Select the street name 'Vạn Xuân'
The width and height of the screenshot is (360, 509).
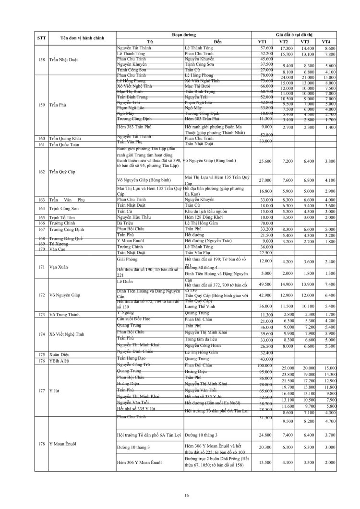pos(58,267)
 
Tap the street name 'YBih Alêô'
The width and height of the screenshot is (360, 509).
pos(60,361)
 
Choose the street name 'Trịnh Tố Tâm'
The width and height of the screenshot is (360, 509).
pos(65,217)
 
